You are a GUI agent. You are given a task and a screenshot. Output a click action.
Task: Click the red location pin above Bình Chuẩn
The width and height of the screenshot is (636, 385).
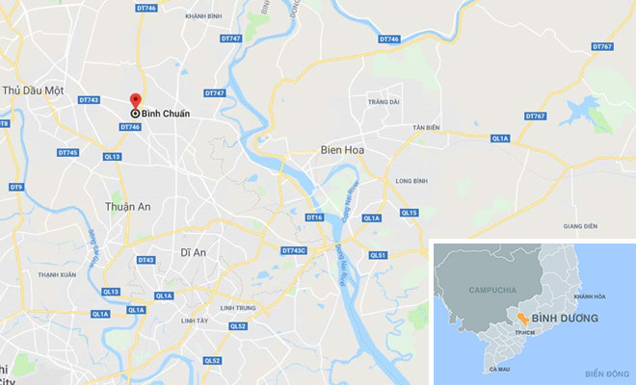[x=135, y=101]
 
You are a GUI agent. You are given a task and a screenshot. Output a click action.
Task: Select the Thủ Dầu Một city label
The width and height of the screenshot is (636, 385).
[x=34, y=90]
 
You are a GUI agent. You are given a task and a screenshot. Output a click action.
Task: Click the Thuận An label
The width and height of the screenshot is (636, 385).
[x=126, y=205]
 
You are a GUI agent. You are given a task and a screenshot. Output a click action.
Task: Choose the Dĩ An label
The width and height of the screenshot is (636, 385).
[x=194, y=252]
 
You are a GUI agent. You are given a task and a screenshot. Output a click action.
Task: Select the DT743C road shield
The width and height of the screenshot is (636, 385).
[x=294, y=251]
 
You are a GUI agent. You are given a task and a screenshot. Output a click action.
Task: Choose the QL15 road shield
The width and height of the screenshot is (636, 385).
[x=409, y=212]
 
